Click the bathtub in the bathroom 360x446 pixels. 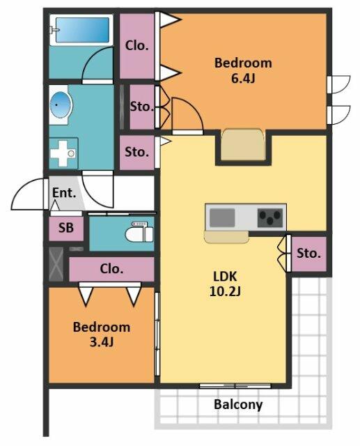81,30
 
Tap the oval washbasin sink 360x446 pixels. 60,105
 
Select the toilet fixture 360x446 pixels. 139,232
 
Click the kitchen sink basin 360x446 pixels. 222,217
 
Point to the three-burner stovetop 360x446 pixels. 270,218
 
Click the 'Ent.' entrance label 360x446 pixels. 64,193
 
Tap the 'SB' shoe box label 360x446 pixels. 66,228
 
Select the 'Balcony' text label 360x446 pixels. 238,404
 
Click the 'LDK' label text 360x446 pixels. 225,276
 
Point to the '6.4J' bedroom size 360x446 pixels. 243,79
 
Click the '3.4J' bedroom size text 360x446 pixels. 102,342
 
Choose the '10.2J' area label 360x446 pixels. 225,291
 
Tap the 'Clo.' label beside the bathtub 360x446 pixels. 137,45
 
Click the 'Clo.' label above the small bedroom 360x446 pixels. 111,269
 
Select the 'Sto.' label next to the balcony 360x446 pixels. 309,253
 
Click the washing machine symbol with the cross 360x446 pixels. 63,153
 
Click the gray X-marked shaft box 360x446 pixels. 56,264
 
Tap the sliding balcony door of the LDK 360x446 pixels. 235,386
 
